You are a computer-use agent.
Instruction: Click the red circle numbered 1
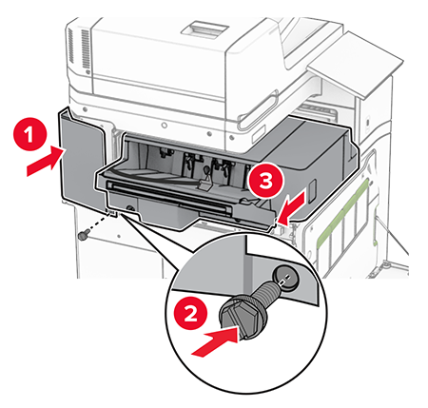coord(30,134)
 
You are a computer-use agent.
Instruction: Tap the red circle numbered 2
coord(190,314)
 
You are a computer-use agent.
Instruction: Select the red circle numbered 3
coord(265,180)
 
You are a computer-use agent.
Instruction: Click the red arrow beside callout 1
coord(45,161)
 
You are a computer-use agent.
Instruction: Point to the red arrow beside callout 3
coord(293,208)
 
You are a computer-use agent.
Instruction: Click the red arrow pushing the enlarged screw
coord(216,342)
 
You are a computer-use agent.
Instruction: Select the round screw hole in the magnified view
coord(285,277)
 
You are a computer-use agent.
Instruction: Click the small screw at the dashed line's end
coord(83,236)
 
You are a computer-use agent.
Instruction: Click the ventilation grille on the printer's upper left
coord(85,49)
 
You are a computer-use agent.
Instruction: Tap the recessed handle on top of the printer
coord(205,29)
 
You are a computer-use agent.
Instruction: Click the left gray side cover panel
coord(83,159)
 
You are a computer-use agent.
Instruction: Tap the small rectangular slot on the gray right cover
coord(312,191)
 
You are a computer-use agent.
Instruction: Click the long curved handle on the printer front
coord(259,108)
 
